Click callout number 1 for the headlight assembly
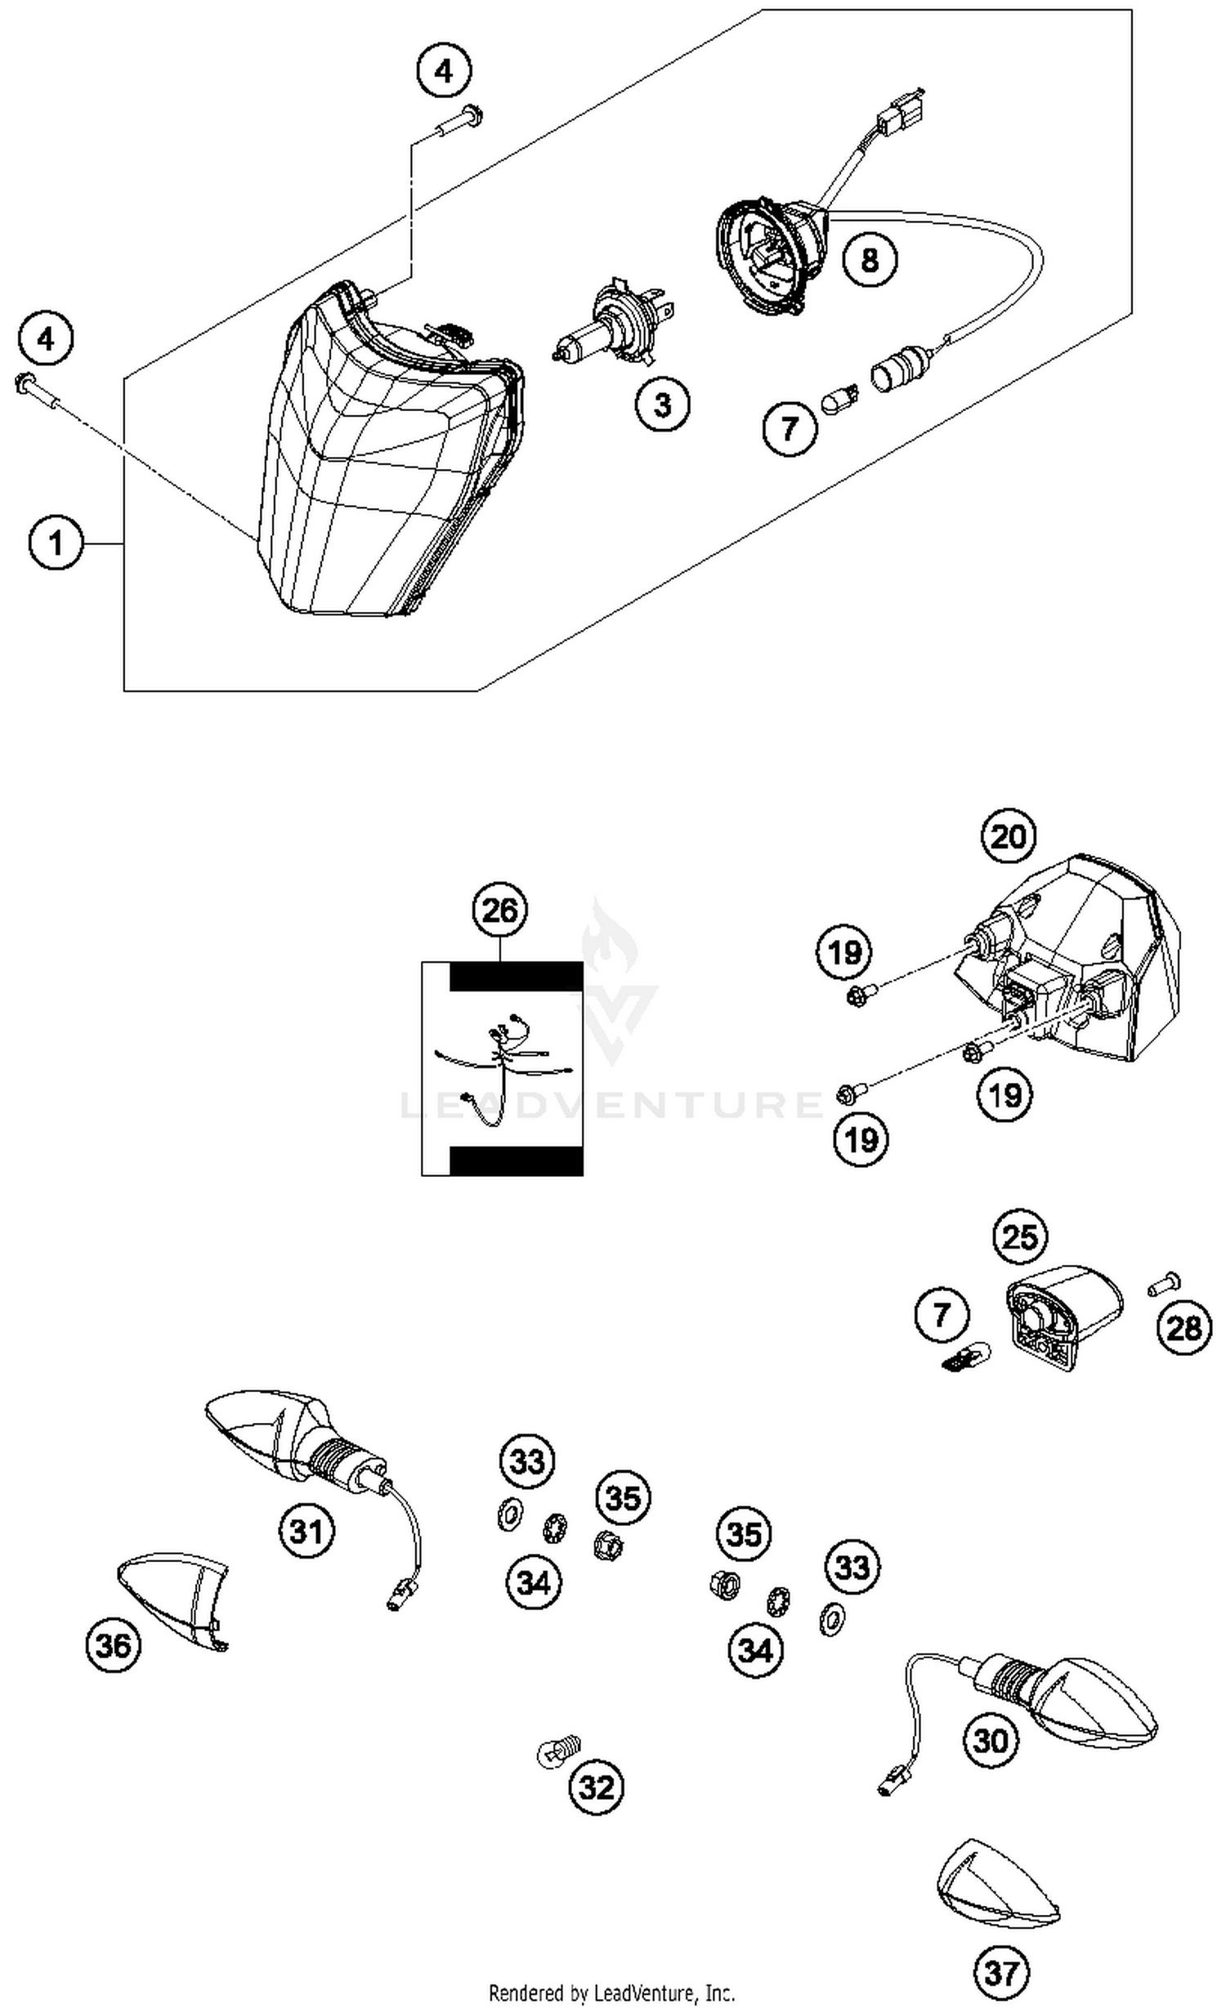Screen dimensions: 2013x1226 pyautogui.click(x=56, y=543)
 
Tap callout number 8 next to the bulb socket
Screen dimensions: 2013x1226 pyautogui.click(x=870, y=260)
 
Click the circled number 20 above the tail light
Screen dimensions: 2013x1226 pyautogui.click(x=1009, y=837)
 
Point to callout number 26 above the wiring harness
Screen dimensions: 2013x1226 pyautogui.click(x=499, y=910)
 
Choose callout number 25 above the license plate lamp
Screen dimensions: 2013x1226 pyautogui.click(x=1020, y=1237)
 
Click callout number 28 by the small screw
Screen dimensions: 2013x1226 pyautogui.click(x=1184, y=1328)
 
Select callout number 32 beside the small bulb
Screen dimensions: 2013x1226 pyautogui.click(x=597, y=1787)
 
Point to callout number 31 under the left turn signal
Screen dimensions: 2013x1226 pyautogui.click(x=306, y=1530)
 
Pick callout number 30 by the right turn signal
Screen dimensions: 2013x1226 pyautogui.click(x=991, y=1741)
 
